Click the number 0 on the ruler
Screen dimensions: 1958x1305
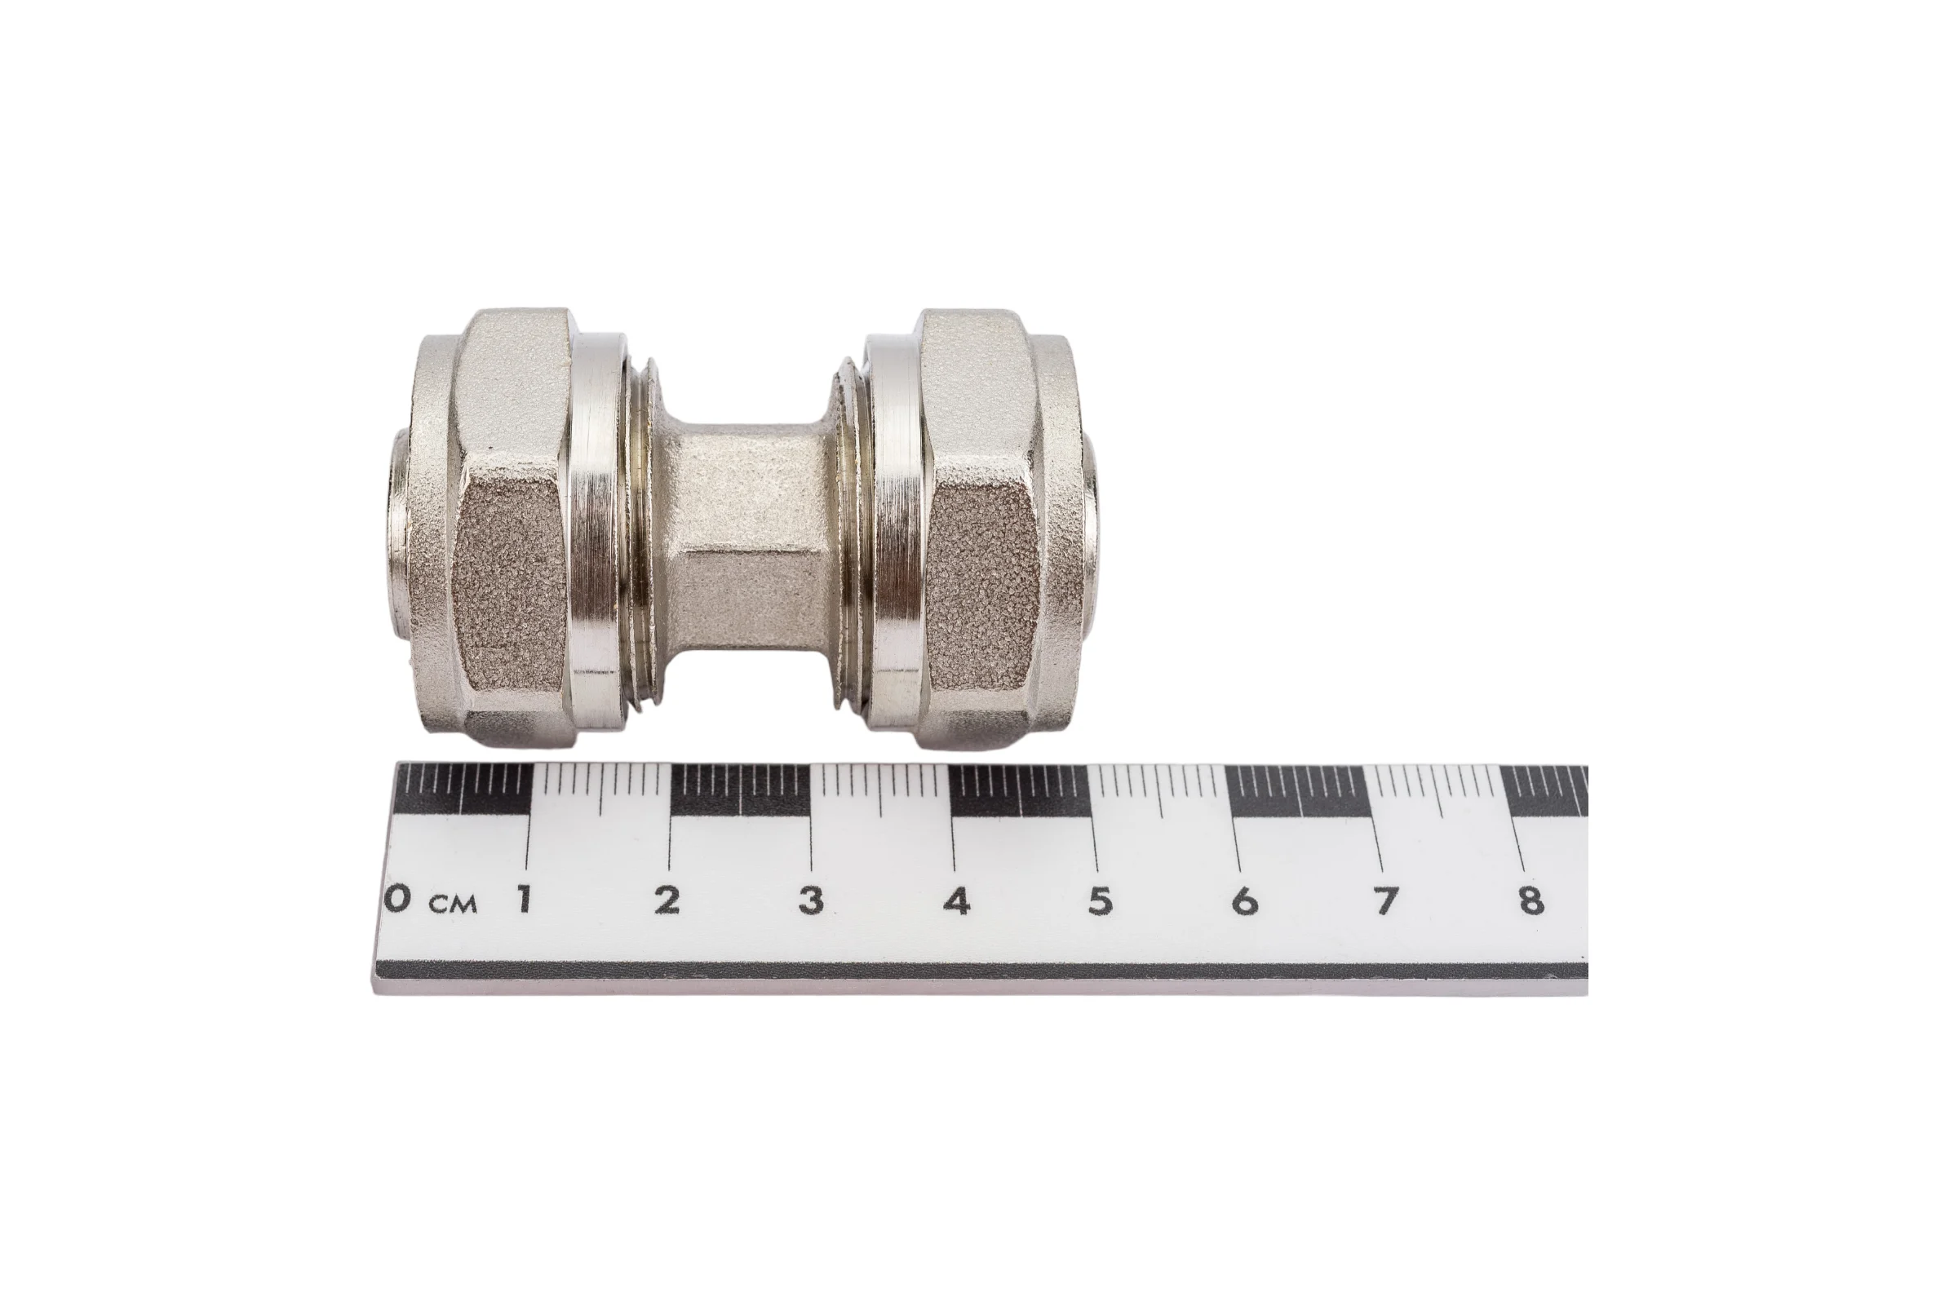tap(399, 899)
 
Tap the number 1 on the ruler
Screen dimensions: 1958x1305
tap(524, 899)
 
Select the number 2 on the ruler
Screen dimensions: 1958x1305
tap(667, 899)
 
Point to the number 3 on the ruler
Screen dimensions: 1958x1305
tap(811, 900)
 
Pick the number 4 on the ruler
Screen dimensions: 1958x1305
tap(956, 900)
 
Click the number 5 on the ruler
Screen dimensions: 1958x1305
tap(1100, 900)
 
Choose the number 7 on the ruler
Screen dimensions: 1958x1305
tap(1385, 900)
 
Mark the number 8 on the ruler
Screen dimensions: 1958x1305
tap(1531, 900)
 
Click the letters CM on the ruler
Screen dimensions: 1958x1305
tap(454, 904)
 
